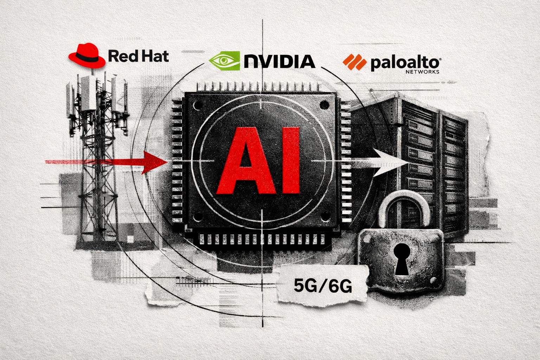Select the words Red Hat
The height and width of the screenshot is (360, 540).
[139, 56]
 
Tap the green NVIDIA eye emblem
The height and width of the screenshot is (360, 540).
[224, 60]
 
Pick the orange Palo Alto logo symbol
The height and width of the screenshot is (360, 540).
[354, 63]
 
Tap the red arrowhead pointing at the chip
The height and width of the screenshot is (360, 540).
[151, 161]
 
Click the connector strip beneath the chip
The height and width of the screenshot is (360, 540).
[262, 239]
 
